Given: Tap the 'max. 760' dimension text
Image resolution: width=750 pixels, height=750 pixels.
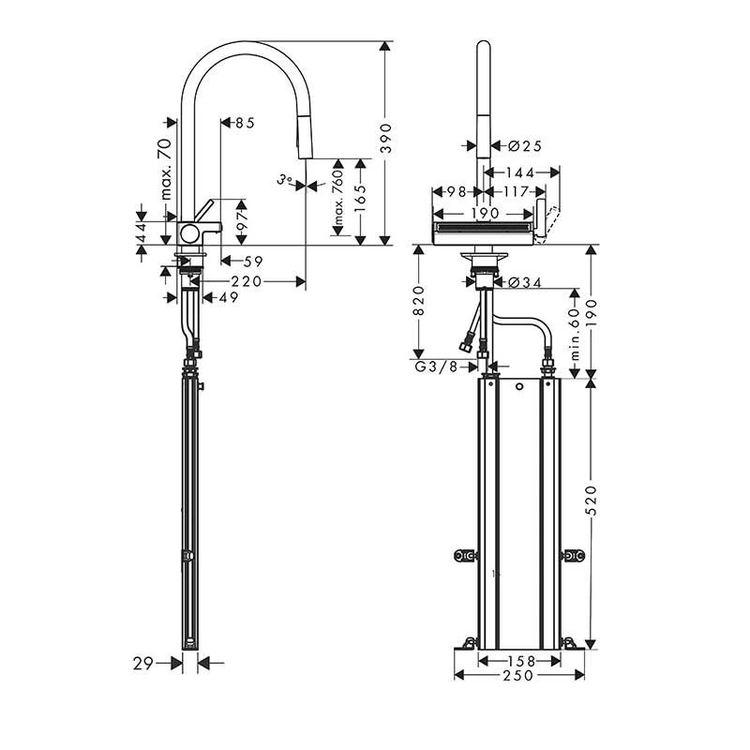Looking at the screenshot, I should click(x=337, y=197).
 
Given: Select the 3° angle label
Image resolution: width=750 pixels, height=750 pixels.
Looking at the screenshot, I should click(x=285, y=178).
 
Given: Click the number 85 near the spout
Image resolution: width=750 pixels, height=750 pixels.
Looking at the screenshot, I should click(x=245, y=122).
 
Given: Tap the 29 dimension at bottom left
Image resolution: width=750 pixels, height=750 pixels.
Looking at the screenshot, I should click(x=142, y=663).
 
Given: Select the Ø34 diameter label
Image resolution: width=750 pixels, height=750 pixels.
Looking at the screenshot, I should click(x=526, y=281).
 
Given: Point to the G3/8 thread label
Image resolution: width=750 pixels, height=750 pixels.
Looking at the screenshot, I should click(x=436, y=367).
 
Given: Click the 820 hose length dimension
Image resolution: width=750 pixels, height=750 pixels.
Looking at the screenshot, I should click(x=419, y=300).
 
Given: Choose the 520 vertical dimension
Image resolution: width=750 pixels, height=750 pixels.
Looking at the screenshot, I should click(x=590, y=514).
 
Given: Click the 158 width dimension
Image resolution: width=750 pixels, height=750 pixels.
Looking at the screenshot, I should click(x=519, y=661).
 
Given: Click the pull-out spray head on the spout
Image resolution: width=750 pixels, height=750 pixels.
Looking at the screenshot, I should click(x=301, y=141).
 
